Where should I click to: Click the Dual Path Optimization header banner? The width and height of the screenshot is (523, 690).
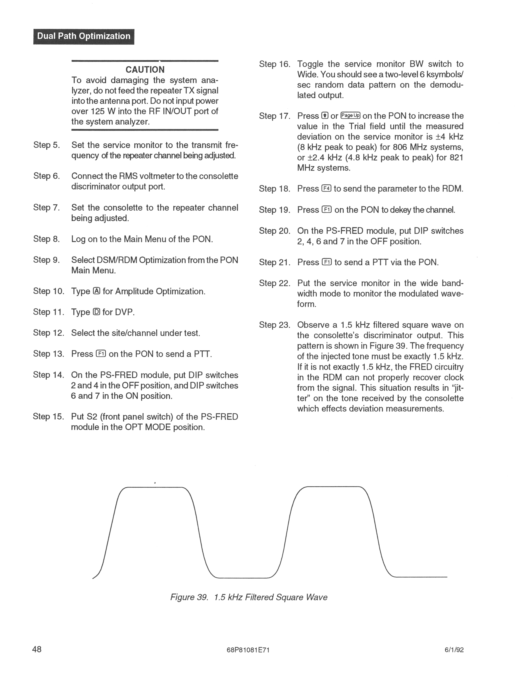(x=84, y=37)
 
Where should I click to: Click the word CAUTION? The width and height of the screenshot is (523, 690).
(x=145, y=70)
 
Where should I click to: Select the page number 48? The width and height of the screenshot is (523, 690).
(x=37, y=649)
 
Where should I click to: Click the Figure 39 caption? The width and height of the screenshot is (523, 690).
(x=249, y=597)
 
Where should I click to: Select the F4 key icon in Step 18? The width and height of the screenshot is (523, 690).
(x=326, y=189)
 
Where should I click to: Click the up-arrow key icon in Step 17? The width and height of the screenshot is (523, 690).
(x=325, y=116)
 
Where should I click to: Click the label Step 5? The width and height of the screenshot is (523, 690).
(x=46, y=145)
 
